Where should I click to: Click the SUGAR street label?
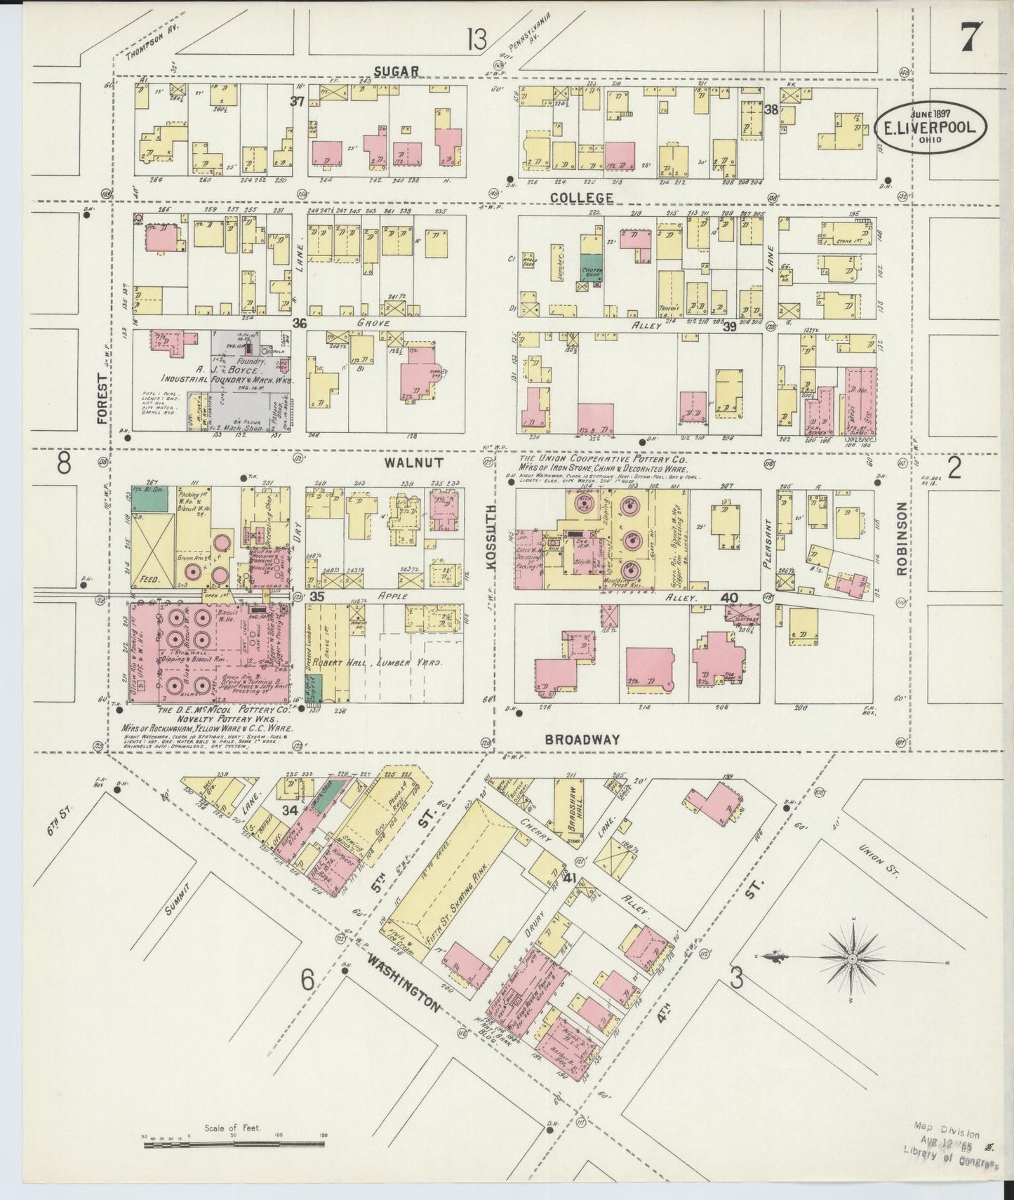point(396,70)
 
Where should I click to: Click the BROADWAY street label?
point(582,739)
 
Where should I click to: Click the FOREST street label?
point(104,399)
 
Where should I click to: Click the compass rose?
point(851,958)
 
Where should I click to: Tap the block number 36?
point(300,323)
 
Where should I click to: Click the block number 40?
point(729,598)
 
